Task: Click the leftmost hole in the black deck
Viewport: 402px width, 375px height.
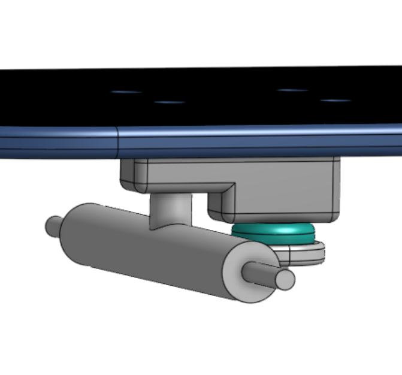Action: coord(126,92)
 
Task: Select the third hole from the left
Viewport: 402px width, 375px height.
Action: coord(294,90)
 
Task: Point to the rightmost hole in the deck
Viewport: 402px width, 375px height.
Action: coord(335,100)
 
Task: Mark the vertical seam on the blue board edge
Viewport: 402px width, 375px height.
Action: coord(117,141)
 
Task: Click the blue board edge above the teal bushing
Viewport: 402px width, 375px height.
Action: coord(276,139)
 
